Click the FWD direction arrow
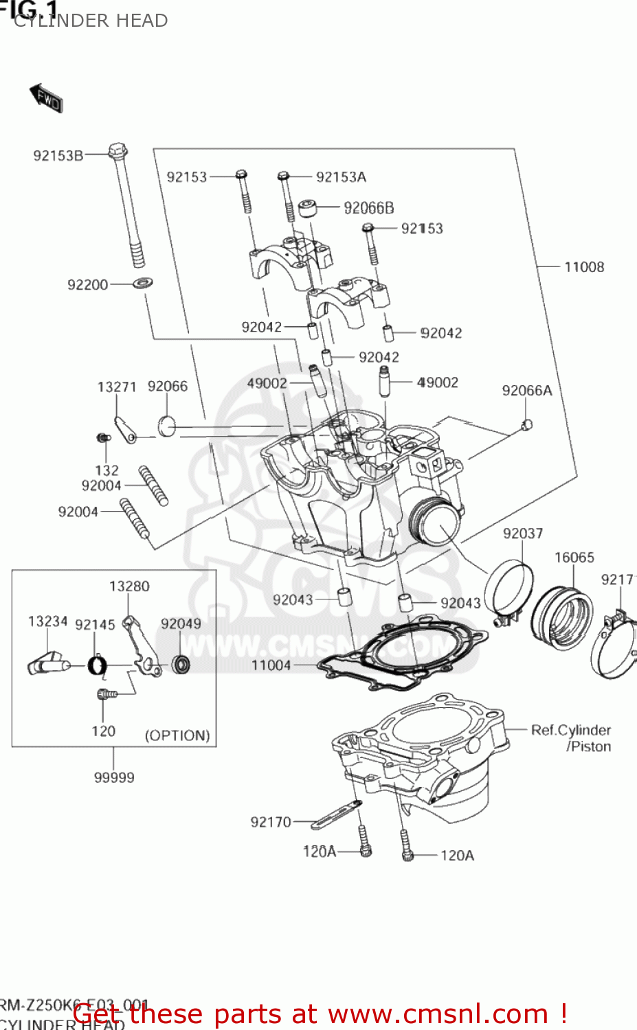coord(46,98)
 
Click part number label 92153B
coord(58,156)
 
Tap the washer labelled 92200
coord(143,282)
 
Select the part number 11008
coord(583,267)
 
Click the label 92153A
coord(341,177)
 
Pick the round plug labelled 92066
coord(167,426)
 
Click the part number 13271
coord(117,387)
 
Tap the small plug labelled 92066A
coord(527,424)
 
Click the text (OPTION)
coord(177,735)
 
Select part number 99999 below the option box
coord(114,777)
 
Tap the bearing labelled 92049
coord(181,664)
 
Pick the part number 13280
coord(129,586)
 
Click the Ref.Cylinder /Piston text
coord(571,738)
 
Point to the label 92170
coord(271,822)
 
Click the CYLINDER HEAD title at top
coord(91,21)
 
